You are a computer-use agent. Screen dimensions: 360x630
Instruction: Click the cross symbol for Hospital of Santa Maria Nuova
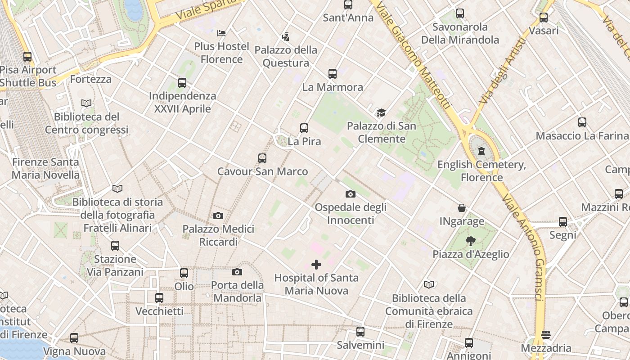(316, 264)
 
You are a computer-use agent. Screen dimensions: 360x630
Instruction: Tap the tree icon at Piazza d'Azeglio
(471, 241)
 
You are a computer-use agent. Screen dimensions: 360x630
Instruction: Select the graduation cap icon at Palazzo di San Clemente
(381, 112)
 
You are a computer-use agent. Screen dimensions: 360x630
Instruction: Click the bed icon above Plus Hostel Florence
(221, 33)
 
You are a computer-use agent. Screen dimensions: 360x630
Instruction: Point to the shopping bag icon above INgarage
(462, 208)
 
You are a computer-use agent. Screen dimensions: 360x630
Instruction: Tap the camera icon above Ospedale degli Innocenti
(350, 194)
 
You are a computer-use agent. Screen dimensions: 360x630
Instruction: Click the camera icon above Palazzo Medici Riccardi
(218, 216)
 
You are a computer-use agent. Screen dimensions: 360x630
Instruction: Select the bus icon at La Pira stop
(304, 128)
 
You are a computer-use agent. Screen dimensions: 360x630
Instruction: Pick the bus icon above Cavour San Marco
(262, 158)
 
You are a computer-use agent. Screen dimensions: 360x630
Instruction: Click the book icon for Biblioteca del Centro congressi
(86, 103)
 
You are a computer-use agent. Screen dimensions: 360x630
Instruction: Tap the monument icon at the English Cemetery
(481, 151)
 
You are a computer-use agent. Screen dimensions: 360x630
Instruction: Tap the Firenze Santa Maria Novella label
(45, 168)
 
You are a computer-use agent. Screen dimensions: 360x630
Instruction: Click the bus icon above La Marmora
(333, 74)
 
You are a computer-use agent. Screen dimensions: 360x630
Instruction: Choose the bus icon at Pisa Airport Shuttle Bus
(27, 57)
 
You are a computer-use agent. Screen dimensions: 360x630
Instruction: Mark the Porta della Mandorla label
(238, 292)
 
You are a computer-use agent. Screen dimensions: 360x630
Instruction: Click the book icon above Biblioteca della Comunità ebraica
(429, 284)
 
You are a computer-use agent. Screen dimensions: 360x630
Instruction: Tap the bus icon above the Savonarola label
(459, 13)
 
